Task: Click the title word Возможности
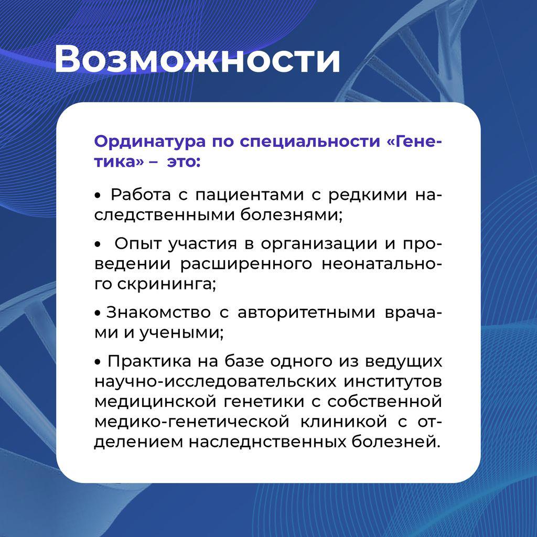(197, 59)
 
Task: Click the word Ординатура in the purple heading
(150, 142)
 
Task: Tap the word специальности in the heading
(310, 142)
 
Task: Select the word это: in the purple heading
(184, 162)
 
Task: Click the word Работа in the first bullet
(141, 195)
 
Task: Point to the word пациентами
(250, 195)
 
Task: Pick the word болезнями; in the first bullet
(291, 214)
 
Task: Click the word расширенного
(246, 264)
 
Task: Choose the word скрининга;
(167, 284)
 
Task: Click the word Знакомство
(158, 313)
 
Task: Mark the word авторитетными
(306, 313)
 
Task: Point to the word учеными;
(181, 333)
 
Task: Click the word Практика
(149, 362)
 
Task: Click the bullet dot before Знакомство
(98, 314)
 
